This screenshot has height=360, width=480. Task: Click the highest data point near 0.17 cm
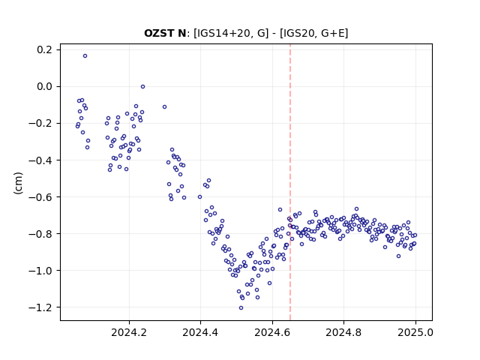pyautogui.click(x=85, y=56)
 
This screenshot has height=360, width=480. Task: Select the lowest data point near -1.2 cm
pyautogui.click(x=241, y=308)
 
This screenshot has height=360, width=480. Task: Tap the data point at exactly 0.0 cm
pyautogui.click(x=142, y=87)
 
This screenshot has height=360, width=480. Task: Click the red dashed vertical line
pyautogui.click(x=290, y=182)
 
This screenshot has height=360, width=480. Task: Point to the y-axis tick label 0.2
pyautogui.click(x=44, y=49)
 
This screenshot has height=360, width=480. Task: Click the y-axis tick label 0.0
pyautogui.click(x=44, y=87)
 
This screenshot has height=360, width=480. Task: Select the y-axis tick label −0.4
pyautogui.click(x=40, y=160)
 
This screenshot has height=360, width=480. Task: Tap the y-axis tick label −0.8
pyautogui.click(x=40, y=233)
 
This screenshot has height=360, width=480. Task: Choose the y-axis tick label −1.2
pyautogui.click(x=40, y=307)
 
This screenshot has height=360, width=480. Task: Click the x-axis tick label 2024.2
pyautogui.click(x=129, y=332)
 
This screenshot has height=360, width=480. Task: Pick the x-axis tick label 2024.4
pyautogui.click(x=200, y=332)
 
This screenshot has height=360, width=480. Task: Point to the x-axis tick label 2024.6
pyautogui.click(x=272, y=332)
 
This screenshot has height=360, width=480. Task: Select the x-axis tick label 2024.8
pyautogui.click(x=343, y=332)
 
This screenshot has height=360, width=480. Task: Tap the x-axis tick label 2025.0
pyautogui.click(x=415, y=332)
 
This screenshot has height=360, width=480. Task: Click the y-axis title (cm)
pyautogui.click(x=18, y=183)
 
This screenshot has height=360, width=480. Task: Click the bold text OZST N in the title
pyautogui.click(x=165, y=33)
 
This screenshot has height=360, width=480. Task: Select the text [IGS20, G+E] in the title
pyautogui.click(x=314, y=33)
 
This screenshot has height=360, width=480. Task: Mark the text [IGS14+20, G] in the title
pyautogui.click(x=231, y=33)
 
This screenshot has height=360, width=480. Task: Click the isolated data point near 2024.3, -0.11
pyautogui.click(x=164, y=106)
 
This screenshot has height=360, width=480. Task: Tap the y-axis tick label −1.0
pyautogui.click(x=40, y=270)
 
